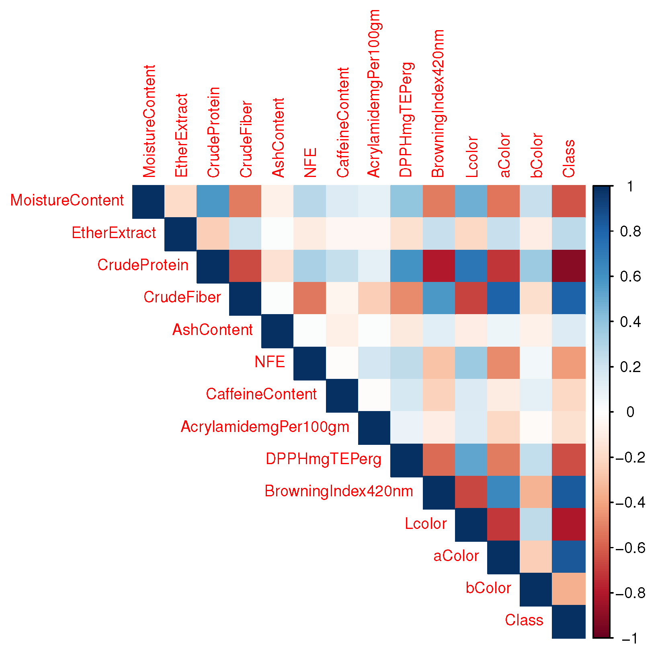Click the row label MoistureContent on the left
tap(67, 200)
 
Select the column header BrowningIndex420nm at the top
tap(438, 103)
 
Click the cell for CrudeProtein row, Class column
tap(568, 266)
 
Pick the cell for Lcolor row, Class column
tap(568, 524)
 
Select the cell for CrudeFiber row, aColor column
tap(503, 298)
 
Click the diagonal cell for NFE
tap(309, 363)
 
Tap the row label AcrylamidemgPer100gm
tap(265, 427)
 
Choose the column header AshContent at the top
tap(278, 137)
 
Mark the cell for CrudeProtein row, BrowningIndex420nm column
tap(439, 266)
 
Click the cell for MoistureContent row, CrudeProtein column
tap(213, 201)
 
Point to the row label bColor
tap(488, 588)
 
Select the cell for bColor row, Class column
tap(568, 589)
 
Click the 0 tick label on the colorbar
tap(630, 412)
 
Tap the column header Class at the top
tap(569, 158)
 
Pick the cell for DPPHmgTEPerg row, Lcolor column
tap(471, 460)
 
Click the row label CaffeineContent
tap(261, 394)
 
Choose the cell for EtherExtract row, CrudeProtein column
tap(213, 234)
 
